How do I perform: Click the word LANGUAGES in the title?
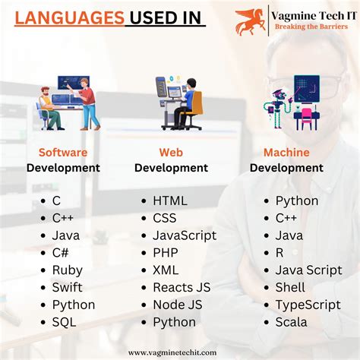click(69, 16)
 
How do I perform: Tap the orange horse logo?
click(250, 21)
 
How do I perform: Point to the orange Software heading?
click(63, 153)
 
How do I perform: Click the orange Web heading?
click(172, 153)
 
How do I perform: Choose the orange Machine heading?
click(286, 153)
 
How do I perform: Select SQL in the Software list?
click(65, 322)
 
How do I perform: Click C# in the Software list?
click(61, 252)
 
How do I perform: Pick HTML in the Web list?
click(169, 201)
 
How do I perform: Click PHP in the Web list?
click(166, 252)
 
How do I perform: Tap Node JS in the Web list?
click(176, 305)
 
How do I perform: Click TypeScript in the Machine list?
click(307, 305)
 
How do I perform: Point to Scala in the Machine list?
click(291, 322)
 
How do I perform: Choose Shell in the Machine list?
click(290, 287)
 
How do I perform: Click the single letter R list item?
click(279, 252)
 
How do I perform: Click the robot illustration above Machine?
click(292, 103)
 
